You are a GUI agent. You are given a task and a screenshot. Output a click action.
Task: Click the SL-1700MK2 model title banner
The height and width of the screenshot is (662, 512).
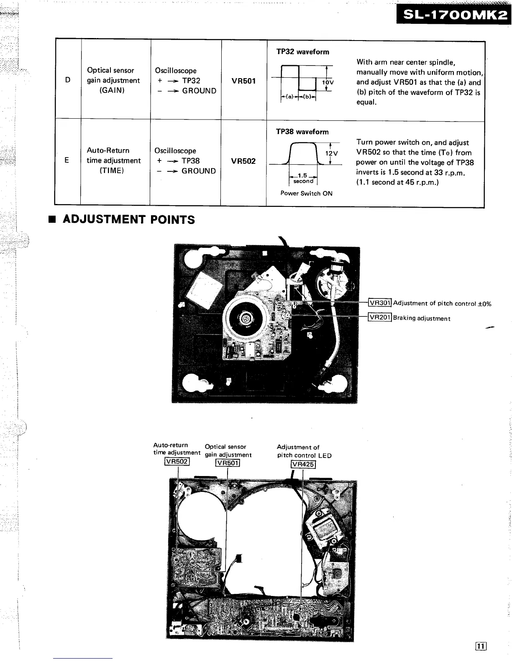[453, 15]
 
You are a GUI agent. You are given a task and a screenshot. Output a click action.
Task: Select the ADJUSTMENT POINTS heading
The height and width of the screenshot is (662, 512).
[128, 219]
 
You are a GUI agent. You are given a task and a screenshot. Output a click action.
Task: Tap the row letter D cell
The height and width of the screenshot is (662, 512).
[68, 80]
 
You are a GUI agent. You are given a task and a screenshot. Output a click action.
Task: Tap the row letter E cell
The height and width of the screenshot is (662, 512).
[67, 160]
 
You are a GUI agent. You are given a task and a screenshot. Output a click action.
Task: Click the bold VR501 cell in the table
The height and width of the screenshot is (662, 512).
[243, 81]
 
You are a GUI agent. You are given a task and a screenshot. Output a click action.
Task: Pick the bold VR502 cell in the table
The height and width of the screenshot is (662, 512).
[243, 161]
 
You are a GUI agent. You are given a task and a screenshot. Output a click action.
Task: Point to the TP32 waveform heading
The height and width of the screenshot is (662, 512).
[302, 52]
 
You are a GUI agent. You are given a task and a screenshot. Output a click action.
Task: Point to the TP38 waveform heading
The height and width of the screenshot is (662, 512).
[302, 132]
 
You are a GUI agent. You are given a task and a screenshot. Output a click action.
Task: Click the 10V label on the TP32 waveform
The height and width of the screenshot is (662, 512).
[328, 83]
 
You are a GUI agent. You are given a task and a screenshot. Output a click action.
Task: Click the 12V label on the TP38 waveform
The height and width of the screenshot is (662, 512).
[331, 153]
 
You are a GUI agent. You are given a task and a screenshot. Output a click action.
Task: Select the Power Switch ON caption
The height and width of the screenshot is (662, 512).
[306, 194]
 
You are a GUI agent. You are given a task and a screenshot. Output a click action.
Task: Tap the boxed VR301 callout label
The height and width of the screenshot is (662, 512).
[380, 303]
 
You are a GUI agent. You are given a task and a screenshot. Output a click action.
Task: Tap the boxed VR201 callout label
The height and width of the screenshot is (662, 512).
[380, 318]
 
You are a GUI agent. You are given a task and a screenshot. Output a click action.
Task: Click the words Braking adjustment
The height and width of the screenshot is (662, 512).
[422, 318]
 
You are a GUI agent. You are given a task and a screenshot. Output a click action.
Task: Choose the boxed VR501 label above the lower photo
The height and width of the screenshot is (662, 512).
[227, 463]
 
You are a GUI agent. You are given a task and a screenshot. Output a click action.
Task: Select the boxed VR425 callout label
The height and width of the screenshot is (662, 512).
[303, 464]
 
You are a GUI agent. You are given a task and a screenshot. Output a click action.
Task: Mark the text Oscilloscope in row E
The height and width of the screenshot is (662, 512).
[175, 150]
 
